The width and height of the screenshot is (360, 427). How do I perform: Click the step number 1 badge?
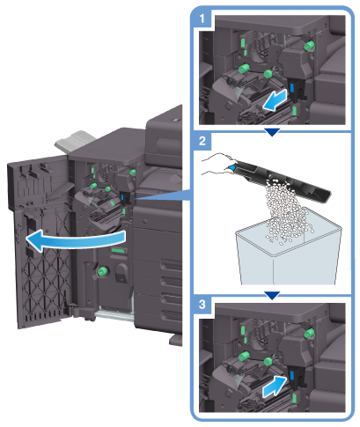pos(202,18)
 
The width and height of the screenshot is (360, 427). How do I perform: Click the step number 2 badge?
pos(202,141)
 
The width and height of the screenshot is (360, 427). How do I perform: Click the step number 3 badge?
pos(202,304)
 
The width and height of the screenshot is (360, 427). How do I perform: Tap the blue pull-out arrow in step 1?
pos(275,100)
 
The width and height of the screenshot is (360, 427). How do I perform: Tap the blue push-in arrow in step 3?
pos(275,387)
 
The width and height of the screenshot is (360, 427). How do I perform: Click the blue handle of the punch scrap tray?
pos(231,167)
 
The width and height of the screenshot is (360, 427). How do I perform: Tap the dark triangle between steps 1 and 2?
pos(272,132)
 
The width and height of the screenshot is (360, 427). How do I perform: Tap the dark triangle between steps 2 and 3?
pos(272,295)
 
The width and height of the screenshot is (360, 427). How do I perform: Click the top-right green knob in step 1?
pos(309,46)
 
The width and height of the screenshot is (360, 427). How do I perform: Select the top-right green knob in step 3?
pos(309,334)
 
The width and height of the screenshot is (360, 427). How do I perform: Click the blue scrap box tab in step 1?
pos(292,87)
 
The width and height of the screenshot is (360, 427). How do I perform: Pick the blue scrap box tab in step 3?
pos(292,375)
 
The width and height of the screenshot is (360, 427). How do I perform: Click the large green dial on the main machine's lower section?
pos(103,271)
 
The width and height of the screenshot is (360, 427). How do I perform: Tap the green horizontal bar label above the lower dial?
pos(118,250)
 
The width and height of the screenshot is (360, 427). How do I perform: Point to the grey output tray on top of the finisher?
pos(76,142)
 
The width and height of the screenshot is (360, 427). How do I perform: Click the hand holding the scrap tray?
pos(217,165)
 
